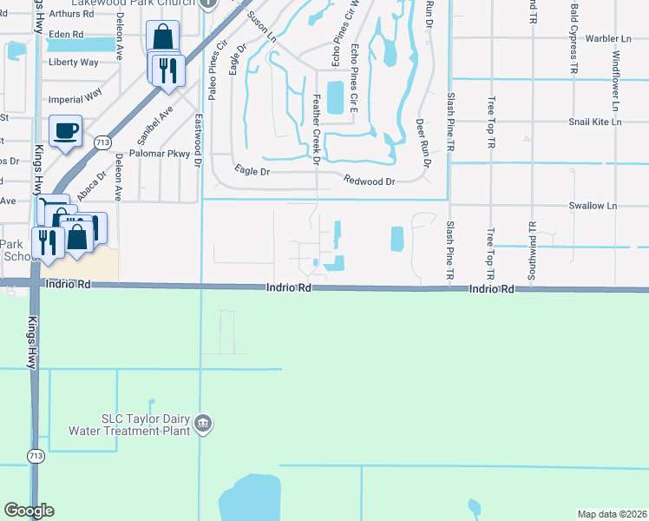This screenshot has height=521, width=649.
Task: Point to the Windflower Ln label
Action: (x=615, y=80)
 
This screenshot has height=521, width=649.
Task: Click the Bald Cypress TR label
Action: (x=574, y=37)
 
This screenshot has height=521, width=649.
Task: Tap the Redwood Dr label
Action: (x=369, y=181)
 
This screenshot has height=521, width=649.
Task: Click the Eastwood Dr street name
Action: (x=198, y=139)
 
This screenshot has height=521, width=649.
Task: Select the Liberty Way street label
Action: (x=74, y=63)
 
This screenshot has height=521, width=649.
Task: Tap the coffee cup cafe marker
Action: (x=66, y=131)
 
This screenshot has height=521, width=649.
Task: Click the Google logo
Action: (x=29, y=511)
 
